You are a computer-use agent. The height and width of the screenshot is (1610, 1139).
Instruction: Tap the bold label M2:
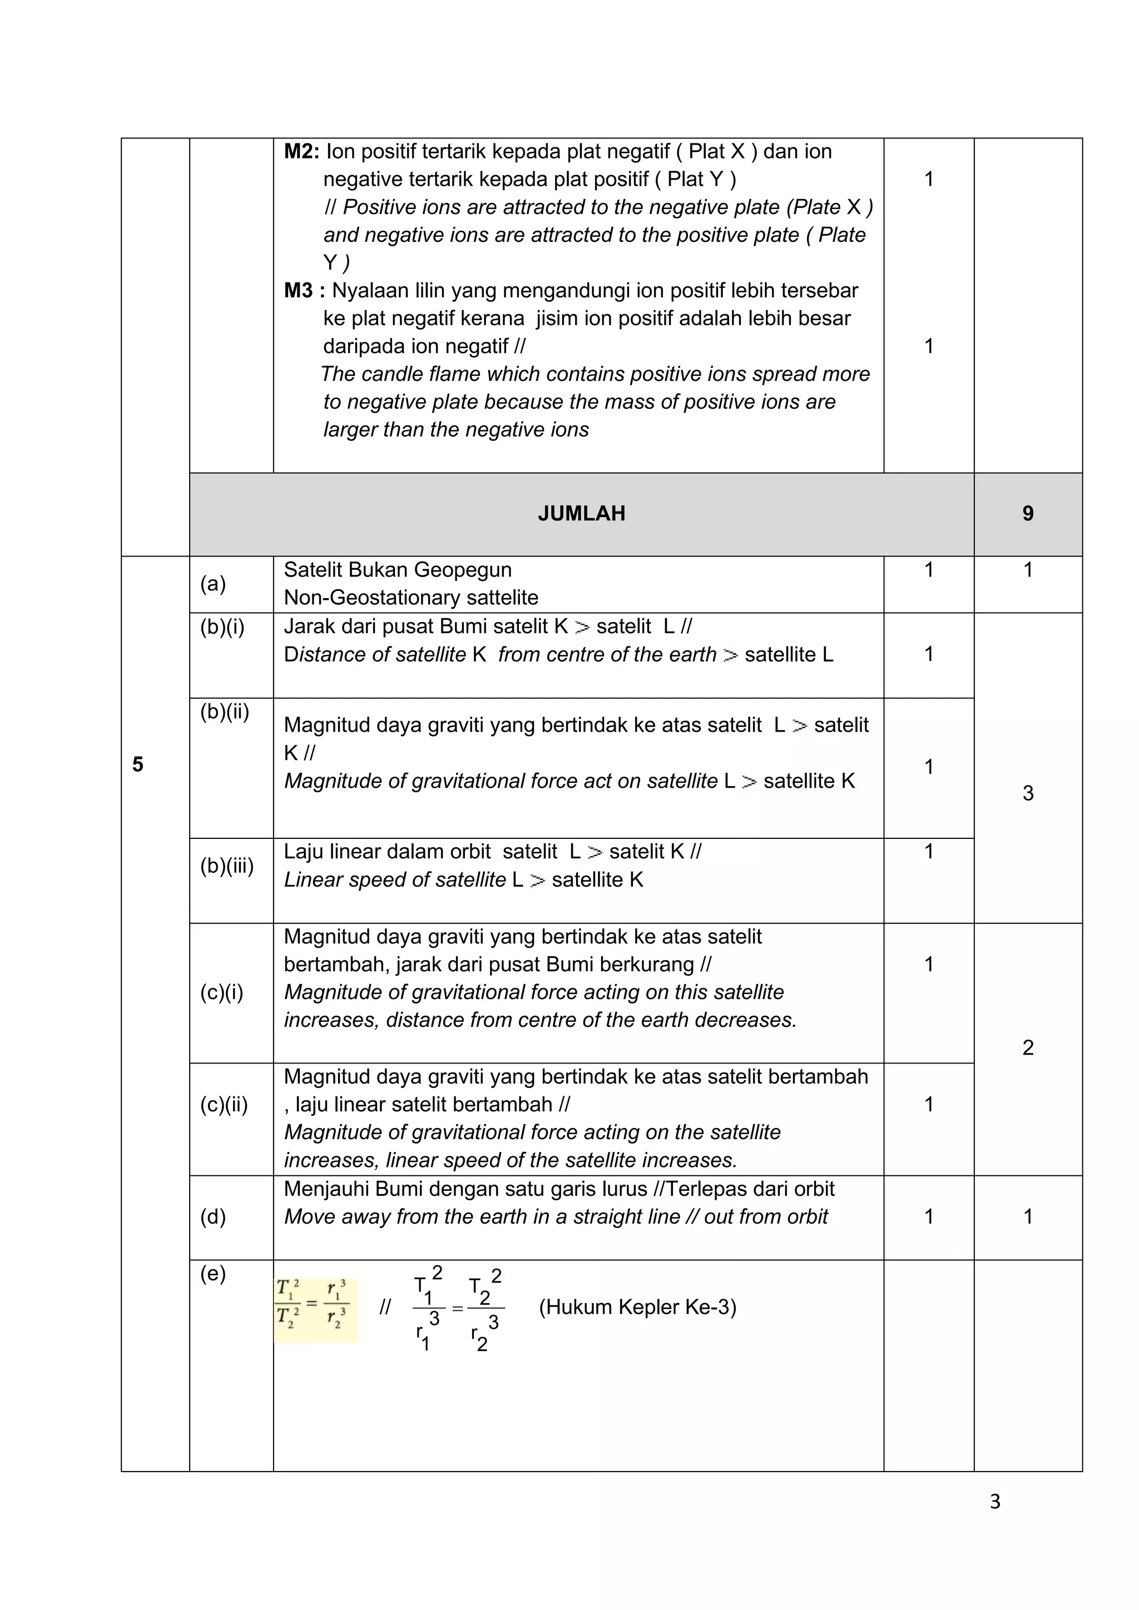[301, 151]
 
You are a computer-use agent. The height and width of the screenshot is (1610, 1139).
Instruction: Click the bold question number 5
[137, 764]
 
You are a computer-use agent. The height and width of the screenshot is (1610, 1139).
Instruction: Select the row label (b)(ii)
[225, 712]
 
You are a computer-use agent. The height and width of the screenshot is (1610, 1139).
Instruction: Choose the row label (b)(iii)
[226, 866]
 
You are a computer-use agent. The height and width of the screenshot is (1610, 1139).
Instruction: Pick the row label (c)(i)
[222, 992]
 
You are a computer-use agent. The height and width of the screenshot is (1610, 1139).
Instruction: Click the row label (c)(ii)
[224, 1105]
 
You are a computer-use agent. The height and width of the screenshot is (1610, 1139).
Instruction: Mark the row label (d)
[212, 1216]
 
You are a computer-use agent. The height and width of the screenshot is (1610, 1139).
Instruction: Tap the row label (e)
[212, 1274]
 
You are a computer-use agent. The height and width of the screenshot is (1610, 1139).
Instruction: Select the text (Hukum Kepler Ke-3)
[637, 1307]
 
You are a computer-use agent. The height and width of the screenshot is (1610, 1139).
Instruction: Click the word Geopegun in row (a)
[467, 570]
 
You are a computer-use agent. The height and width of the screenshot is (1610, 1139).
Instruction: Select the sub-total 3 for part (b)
[1027, 793]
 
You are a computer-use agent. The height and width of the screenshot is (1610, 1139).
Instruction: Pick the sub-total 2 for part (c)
[1027, 1047]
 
